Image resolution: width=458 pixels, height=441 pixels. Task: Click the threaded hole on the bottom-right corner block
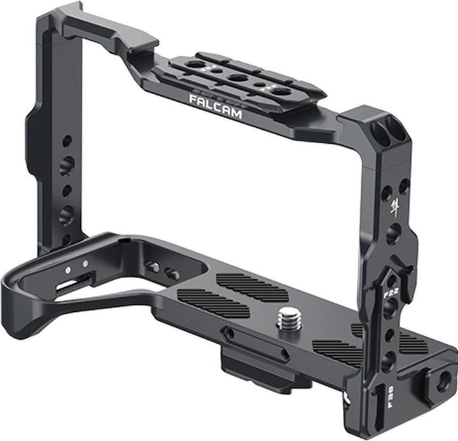(444, 381)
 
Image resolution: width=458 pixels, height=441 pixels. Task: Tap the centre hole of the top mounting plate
(237, 78)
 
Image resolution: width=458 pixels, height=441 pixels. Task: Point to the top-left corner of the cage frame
(48, 16)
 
